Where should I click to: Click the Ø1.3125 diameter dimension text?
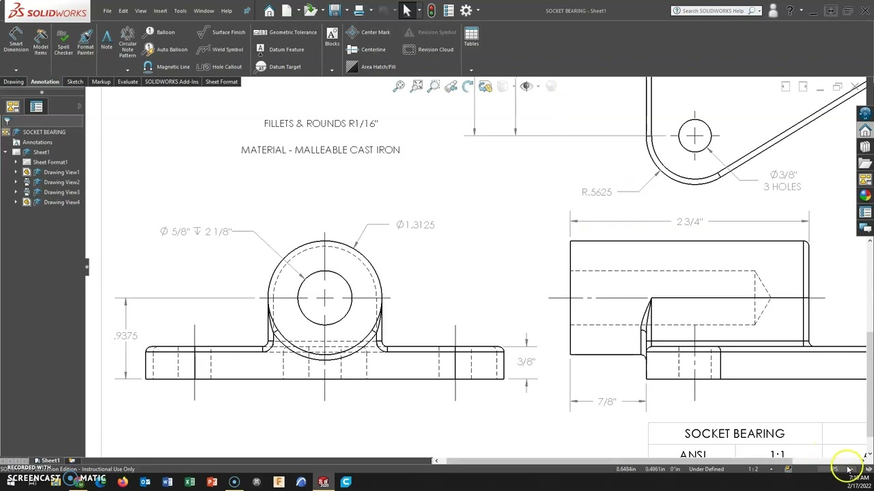click(x=415, y=224)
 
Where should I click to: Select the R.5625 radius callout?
click(x=596, y=192)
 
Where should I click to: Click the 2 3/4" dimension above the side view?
click(x=689, y=222)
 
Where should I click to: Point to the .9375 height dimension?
click(x=126, y=336)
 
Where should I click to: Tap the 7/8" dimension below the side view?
click(x=606, y=402)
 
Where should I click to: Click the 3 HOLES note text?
click(x=782, y=187)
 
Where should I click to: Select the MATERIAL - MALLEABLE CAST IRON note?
click(x=320, y=150)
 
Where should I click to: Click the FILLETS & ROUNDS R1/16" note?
click(x=320, y=123)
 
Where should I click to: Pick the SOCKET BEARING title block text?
click(x=734, y=434)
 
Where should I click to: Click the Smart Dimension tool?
click(x=16, y=40)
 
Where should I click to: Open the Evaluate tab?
click(x=128, y=82)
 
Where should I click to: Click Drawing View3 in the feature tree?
click(x=61, y=192)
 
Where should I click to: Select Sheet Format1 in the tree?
click(x=50, y=162)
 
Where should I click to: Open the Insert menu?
click(x=160, y=11)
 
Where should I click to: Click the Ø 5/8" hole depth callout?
click(x=195, y=231)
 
